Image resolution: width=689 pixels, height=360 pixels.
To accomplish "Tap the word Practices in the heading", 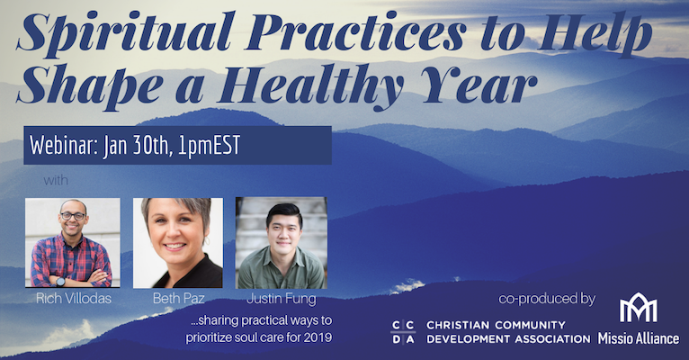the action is (x=355, y=31).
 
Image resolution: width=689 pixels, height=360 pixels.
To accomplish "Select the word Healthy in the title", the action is (x=309, y=85).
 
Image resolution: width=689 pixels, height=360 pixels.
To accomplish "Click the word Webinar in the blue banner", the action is (x=64, y=145).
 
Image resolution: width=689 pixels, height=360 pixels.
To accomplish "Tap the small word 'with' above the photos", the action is (x=56, y=180).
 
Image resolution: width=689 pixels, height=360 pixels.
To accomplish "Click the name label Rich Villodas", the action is (x=74, y=299).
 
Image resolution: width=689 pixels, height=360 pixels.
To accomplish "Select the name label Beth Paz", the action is (x=178, y=299).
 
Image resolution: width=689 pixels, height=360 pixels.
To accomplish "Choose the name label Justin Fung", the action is (x=282, y=299).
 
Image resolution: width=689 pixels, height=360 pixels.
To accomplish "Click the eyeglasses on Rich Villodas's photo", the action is (x=73, y=216).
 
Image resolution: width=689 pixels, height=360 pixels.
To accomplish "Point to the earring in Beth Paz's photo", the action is (x=206, y=241).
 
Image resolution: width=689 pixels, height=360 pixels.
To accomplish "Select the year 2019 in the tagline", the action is (x=318, y=337).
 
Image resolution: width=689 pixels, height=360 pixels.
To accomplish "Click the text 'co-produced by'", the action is (x=547, y=299).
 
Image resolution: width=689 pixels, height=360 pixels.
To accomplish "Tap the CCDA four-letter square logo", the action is (x=402, y=332).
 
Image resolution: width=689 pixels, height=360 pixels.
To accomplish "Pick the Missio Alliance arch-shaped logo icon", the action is (x=638, y=307).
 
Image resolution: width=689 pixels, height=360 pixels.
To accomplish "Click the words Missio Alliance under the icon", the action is (x=638, y=338).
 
